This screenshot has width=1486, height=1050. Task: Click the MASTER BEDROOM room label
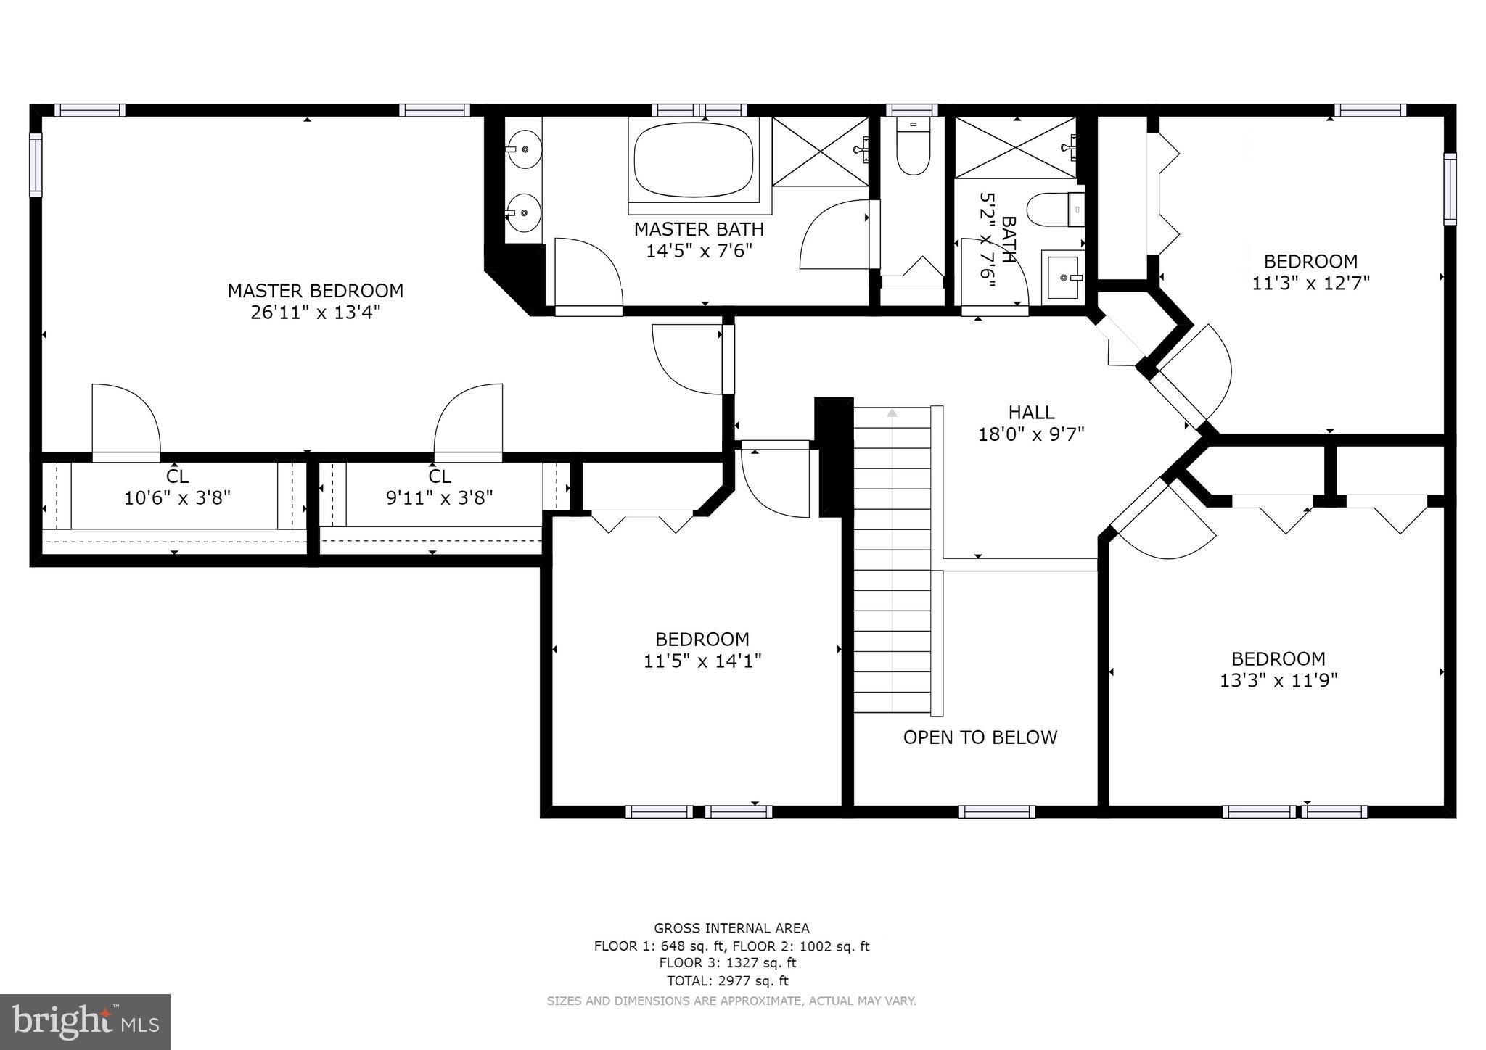click(x=315, y=291)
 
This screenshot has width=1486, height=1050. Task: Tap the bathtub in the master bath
click(x=696, y=160)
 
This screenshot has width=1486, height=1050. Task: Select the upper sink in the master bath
click(x=523, y=149)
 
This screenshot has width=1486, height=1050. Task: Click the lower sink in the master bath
click(x=523, y=212)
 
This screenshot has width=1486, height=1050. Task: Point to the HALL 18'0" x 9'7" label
click(x=1031, y=423)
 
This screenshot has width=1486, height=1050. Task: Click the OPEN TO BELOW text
click(x=980, y=737)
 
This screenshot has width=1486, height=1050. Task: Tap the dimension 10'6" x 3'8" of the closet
click(x=177, y=498)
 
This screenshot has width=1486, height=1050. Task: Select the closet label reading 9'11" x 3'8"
click(x=439, y=498)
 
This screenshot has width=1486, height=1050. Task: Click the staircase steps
click(x=892, y=558)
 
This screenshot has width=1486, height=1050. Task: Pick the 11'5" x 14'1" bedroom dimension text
click(x=702, y=661)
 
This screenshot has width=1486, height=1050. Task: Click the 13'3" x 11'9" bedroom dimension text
click(x=1278, y=680)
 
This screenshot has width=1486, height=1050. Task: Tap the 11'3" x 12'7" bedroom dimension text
click(x=1310, y=283)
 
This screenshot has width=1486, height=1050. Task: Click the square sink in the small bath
click(x=1063, y=276)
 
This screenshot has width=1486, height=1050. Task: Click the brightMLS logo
click(x=86, y=1022)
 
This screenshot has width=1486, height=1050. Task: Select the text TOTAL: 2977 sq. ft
click(x=727, y=981)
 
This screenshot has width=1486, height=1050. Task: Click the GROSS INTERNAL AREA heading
click(x=731, y=928)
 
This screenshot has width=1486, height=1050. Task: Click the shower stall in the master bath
click(x=819, y=151)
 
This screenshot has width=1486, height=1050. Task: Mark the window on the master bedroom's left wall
click(x=35, y=164)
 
